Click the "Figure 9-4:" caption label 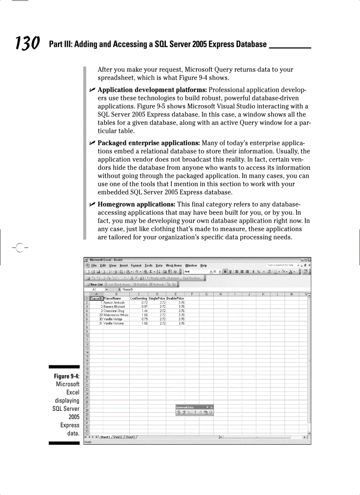[66, 376]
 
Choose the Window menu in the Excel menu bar [191, 265]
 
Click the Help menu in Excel [203, 265]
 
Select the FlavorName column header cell [112, 298]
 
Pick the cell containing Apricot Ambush [114, 303]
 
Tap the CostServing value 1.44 [144, 311]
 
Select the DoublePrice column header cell [175, 298]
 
